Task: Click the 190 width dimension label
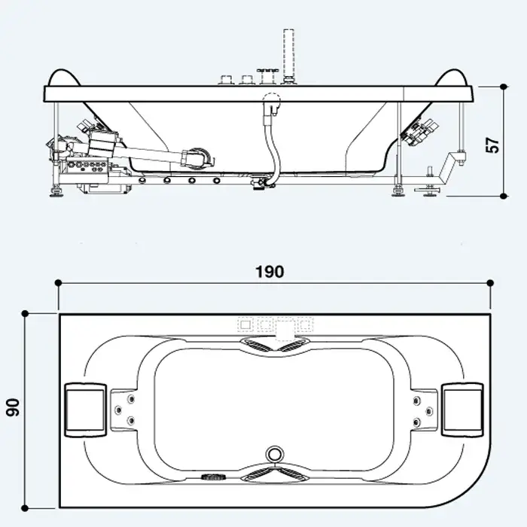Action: coord(270,272)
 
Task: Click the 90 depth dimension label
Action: coord(13,407)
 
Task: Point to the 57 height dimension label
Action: coord(492,145)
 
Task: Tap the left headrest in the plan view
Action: coord(85,410)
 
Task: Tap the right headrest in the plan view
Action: coord(463,410)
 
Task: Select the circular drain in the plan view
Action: coord(275,455)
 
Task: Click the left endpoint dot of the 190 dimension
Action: coord(58,282)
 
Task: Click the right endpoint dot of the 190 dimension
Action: coord(490,282)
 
